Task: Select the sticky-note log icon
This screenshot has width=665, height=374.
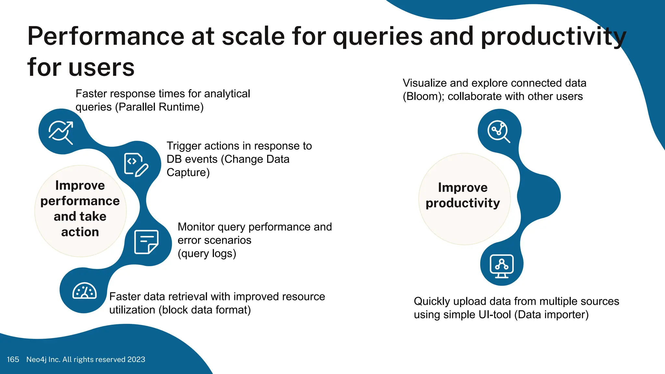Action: (x=146, y=242)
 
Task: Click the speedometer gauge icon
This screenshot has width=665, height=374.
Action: (x=84, y=291)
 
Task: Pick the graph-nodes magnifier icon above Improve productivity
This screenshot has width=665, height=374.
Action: (x=499, y=131)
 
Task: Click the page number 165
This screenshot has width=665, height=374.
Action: (x=13, y=359)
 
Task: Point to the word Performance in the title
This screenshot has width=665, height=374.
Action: (x=106, y=36)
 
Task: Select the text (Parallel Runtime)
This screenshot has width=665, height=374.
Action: (x=159, y=107)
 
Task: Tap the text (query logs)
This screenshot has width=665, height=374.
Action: (x=207, y=253)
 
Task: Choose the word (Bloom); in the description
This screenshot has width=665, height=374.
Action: (x=423, y=96)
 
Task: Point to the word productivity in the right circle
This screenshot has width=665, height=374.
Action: (x=463, y=203)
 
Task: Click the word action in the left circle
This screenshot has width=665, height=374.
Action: (x=80, y=232)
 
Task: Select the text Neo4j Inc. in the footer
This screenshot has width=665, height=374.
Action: (x=43, y=359)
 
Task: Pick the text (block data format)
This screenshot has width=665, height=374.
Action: (x=205, y=310)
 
